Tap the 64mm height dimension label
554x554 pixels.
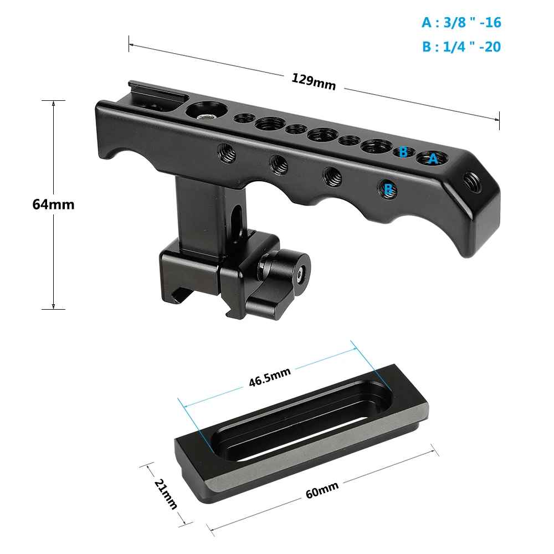(x=53, y=204)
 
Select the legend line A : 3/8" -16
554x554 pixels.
(x=461, y=23)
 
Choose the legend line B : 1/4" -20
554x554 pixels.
(x=461, y=47)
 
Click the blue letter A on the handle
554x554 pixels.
(x=433, y=159)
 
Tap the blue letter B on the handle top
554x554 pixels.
(x=403, y=151)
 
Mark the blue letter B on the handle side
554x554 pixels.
(x=389, y=189)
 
